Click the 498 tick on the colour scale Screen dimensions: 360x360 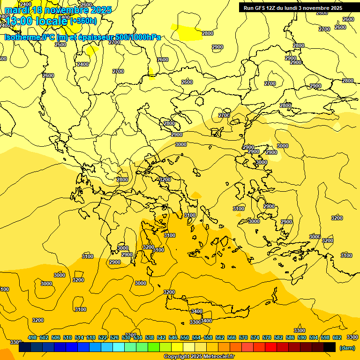32,337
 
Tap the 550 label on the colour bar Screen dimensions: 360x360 185,337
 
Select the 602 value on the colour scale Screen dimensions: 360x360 337,337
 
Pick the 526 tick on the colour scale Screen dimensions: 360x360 114,337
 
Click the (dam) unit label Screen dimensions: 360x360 347,347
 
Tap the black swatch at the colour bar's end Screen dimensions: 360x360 330,347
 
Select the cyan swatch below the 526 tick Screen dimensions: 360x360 119,347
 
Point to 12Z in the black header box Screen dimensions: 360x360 275,8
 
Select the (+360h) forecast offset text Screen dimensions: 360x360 83,21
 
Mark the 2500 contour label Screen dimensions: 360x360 60,45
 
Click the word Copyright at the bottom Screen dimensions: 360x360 177,357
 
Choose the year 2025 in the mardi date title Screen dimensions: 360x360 101,9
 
